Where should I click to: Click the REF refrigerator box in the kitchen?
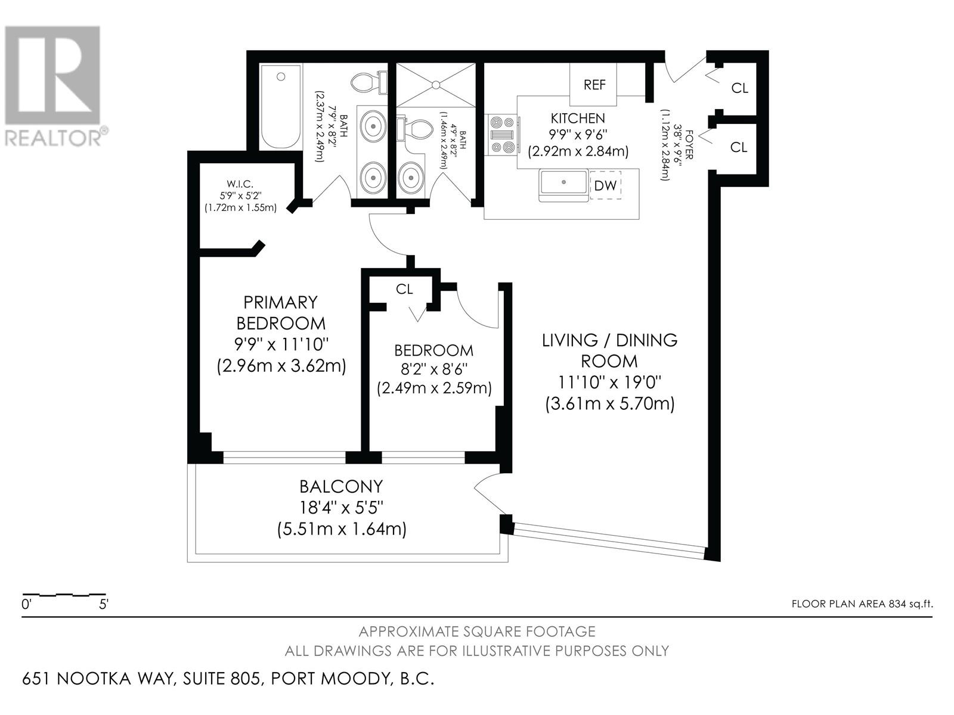[x=593, y=84]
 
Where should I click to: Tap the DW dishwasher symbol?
[x=605, y=185]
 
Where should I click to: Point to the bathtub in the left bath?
[x=281, y=107]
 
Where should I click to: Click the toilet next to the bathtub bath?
[x=369, y=82]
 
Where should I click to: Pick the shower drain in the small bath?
[x=436, y=85]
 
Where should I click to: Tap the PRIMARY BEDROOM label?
[x=281, y=313]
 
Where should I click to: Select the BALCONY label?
[x=341, y=486]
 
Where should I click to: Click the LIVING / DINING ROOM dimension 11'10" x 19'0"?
[x=609, y=383]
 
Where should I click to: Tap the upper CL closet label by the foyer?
[x=740, y=88]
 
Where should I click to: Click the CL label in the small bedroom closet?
[x=404, y=289]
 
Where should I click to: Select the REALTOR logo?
[x=53, y=86]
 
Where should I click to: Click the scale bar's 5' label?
[x=103, y=604]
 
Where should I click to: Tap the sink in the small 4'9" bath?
[x=411, y=177]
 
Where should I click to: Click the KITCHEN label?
[x=578, y=118]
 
